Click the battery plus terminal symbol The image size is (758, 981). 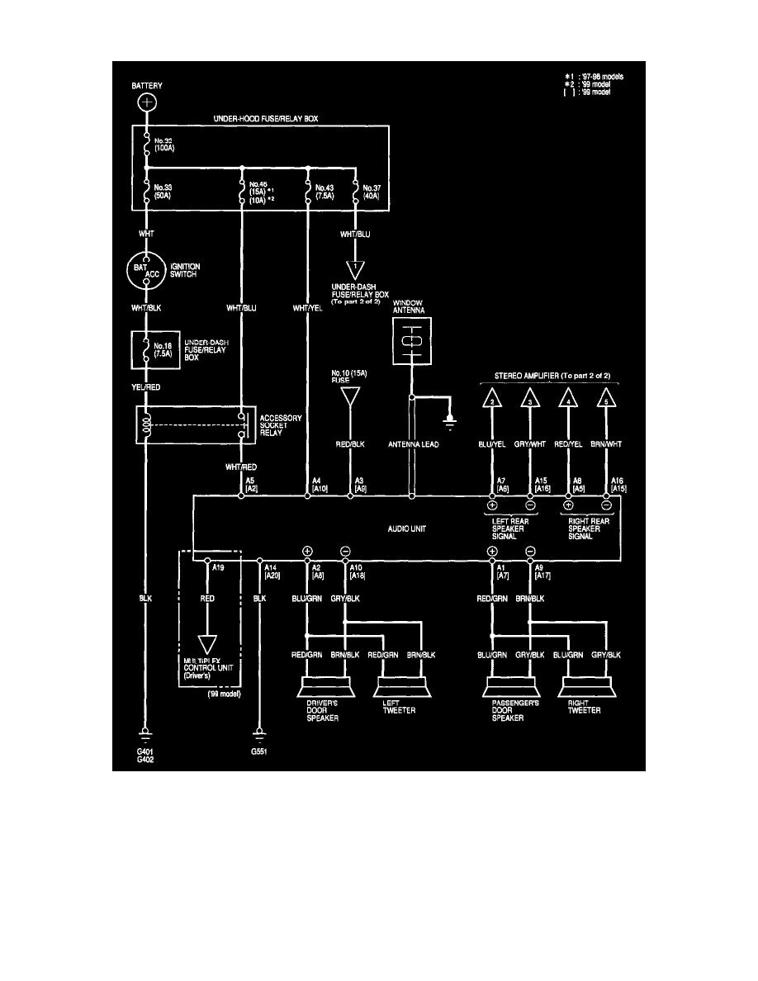(145, 103)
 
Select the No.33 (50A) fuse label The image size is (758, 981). (163, 192)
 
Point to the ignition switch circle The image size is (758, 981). (146, 271)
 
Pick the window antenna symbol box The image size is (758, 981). (411, 341)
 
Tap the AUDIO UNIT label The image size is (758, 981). (406, 528)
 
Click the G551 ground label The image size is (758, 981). (260, 753)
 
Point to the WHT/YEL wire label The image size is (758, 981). (308, 309)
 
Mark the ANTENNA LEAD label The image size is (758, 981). (411, 445)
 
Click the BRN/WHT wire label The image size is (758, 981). (606, 445)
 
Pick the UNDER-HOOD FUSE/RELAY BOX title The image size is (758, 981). (266, 120)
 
